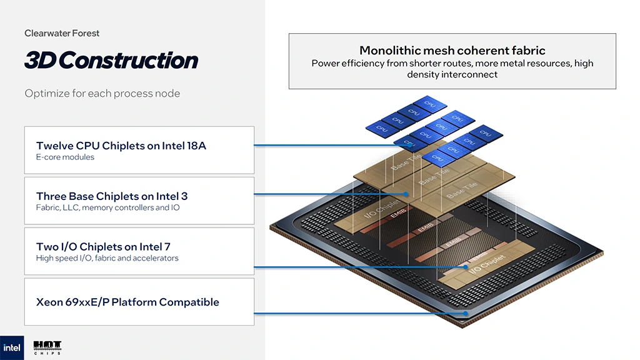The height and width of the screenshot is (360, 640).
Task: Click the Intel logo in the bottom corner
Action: tap(12, 347)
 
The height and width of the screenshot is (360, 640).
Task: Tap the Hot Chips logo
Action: tap(47, 348)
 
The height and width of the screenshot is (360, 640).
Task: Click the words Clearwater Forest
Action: tap(62, 33)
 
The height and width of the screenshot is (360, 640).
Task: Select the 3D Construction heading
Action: tap(111, 60)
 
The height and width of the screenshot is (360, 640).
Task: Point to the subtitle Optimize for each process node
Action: tap(102, 94)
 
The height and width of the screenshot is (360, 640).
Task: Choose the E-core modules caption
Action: tap(65, 157)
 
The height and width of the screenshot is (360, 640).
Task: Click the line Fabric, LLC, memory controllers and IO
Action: tap(107, 207)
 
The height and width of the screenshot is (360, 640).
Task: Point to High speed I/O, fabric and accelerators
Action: tap(107, 258)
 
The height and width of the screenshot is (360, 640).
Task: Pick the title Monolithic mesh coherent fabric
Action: tap(452, 51)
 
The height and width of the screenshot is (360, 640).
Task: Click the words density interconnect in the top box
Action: tap(452, 74)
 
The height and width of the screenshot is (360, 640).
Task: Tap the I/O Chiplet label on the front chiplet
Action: tap(485, 263)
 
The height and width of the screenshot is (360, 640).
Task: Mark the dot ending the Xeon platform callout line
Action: tap(466, 313)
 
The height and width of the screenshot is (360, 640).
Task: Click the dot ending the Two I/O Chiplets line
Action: tap(466, 267)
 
